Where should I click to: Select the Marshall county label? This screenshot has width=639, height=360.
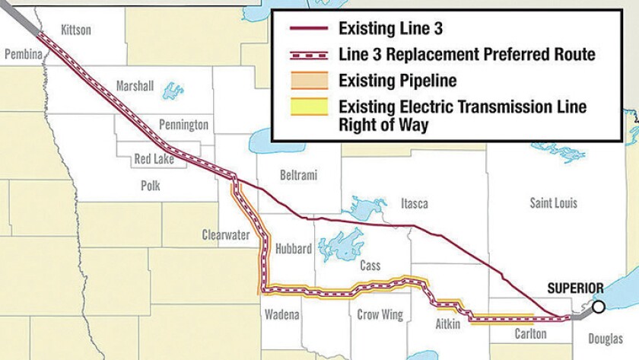134,85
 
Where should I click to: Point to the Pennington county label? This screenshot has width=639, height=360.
183,124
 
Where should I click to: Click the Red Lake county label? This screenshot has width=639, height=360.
154,160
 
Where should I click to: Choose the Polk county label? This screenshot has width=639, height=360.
154,185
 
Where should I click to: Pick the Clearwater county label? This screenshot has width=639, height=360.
226,234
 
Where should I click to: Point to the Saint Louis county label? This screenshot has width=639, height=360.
553,203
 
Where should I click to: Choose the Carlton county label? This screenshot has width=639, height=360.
529,334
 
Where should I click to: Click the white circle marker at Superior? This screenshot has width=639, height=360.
599,307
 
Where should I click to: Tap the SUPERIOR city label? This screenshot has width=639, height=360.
575,288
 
